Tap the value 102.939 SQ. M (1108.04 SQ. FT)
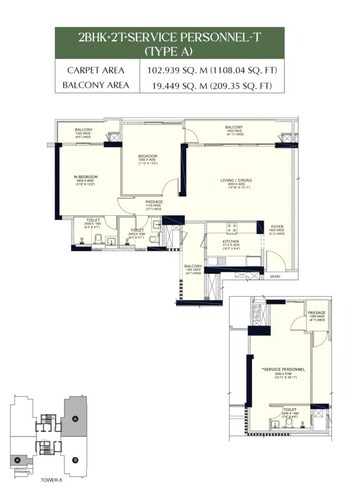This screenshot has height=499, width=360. (x=230, y=72)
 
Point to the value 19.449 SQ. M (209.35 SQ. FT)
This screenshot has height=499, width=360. (x=230, y=88)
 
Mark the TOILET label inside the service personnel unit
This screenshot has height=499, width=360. (x=291, y=409)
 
